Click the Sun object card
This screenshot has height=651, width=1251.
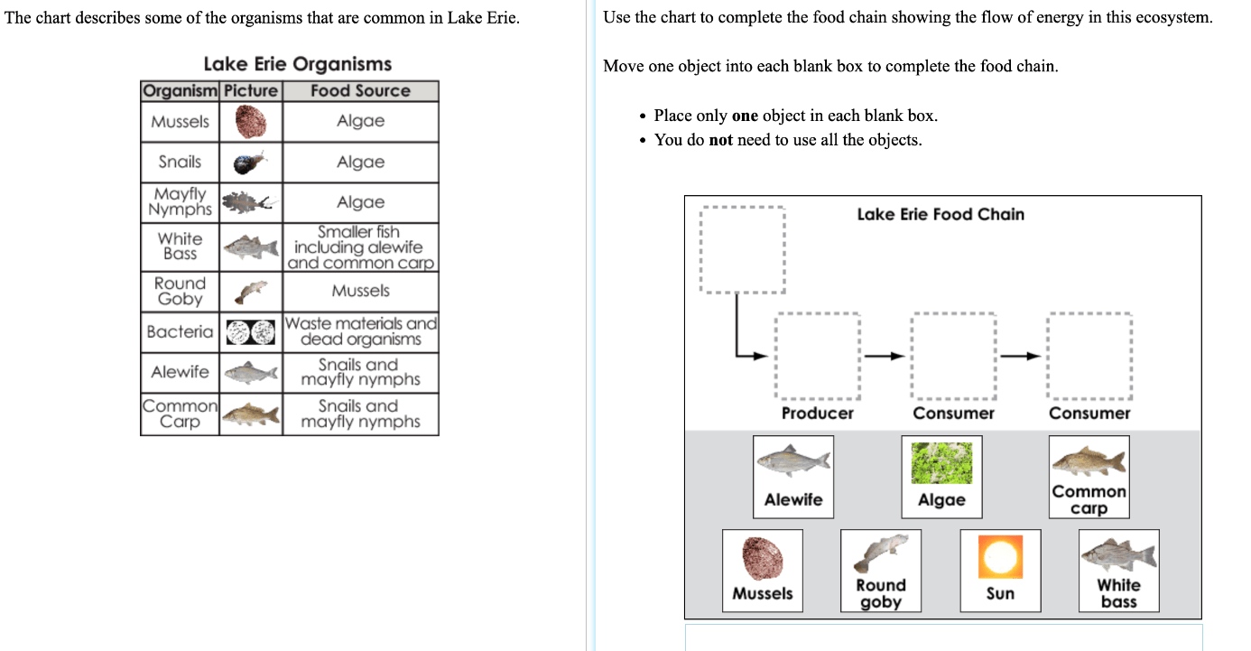coord(1000,571)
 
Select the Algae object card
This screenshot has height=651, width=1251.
coord(941,477)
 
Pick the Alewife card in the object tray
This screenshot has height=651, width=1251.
coord(793,477)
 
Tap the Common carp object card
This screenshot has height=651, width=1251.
coord(1089,477)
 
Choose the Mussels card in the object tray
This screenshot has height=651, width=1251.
coord(763,571)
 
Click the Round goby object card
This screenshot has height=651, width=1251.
coord(881,571)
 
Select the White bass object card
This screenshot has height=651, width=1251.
coord(1118,571)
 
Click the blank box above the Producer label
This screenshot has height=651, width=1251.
coord(818,356)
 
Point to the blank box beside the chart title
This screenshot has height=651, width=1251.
coord(743,249)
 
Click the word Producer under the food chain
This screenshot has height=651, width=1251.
coord(818,413)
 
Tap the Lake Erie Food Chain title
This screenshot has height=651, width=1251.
coord(941,214)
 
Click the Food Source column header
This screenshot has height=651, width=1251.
coord(360,90)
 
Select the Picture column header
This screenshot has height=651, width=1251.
coord(251,90)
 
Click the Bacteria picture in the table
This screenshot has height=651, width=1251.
coord(251,332)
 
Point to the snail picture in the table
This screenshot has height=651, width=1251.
coord(250,163)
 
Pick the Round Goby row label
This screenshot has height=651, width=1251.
coord(180,291)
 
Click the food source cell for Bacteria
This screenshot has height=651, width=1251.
coord(361,331)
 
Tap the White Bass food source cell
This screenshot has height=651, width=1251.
coord(361,247)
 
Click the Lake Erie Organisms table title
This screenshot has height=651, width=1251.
coord(298,64)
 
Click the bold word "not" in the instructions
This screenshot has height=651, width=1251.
coord(720,140)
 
